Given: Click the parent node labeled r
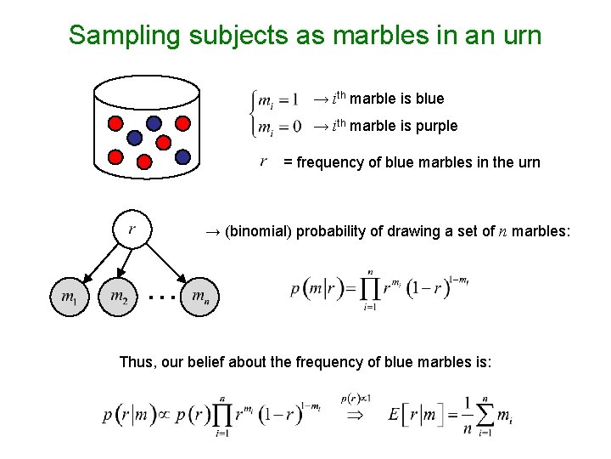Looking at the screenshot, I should tap(132, 229).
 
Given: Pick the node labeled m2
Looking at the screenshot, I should tap(118, 297).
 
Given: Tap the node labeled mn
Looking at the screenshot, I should tap(199, 297).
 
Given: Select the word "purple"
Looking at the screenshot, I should tap(433, 126).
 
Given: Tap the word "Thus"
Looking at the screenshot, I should tap(137, 362).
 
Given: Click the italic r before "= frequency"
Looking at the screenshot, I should tap(264, 161).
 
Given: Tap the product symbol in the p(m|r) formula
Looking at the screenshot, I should tap(369, 290).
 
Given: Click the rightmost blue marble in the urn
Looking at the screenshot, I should tap(182, 156).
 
